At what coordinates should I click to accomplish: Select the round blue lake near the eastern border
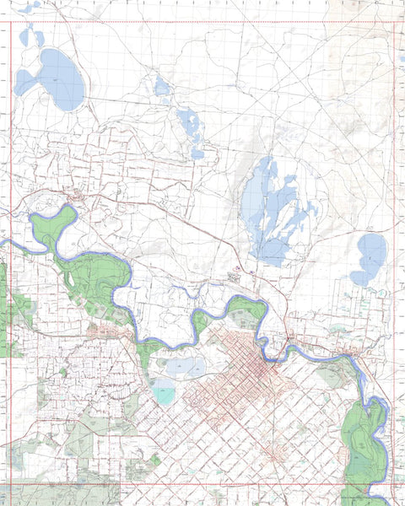point(371,253)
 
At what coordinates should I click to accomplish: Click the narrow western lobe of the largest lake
point(25,82)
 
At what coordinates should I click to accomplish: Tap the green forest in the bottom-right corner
point(363,439)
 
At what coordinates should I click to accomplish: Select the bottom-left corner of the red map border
point(9,484)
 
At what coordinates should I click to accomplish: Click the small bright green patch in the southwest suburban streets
point(62,371)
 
